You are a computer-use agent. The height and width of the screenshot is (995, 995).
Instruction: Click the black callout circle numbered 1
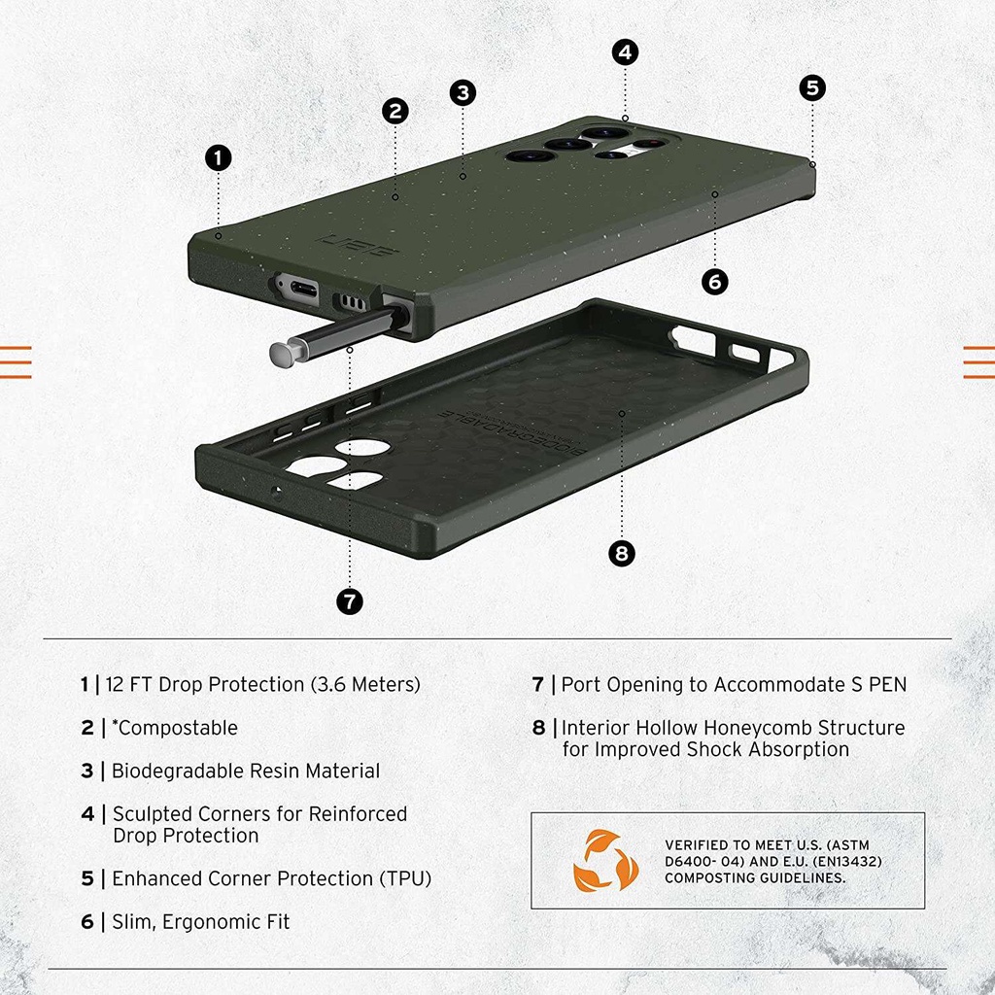point(219,158)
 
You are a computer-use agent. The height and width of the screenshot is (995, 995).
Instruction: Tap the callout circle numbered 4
point(625,52)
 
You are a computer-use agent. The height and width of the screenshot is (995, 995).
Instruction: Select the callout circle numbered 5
point(812,87)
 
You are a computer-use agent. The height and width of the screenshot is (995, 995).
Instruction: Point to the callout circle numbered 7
point(350,600)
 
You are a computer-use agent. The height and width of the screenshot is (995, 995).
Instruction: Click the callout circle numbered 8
point(621,553)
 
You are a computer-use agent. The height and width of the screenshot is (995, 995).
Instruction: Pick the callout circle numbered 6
point(714,281)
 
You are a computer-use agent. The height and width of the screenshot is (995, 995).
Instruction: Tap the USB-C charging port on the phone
point(303,290)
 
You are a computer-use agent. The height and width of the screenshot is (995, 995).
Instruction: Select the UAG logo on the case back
point(358,246)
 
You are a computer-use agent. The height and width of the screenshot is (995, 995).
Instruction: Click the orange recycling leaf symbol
point(605,861)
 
